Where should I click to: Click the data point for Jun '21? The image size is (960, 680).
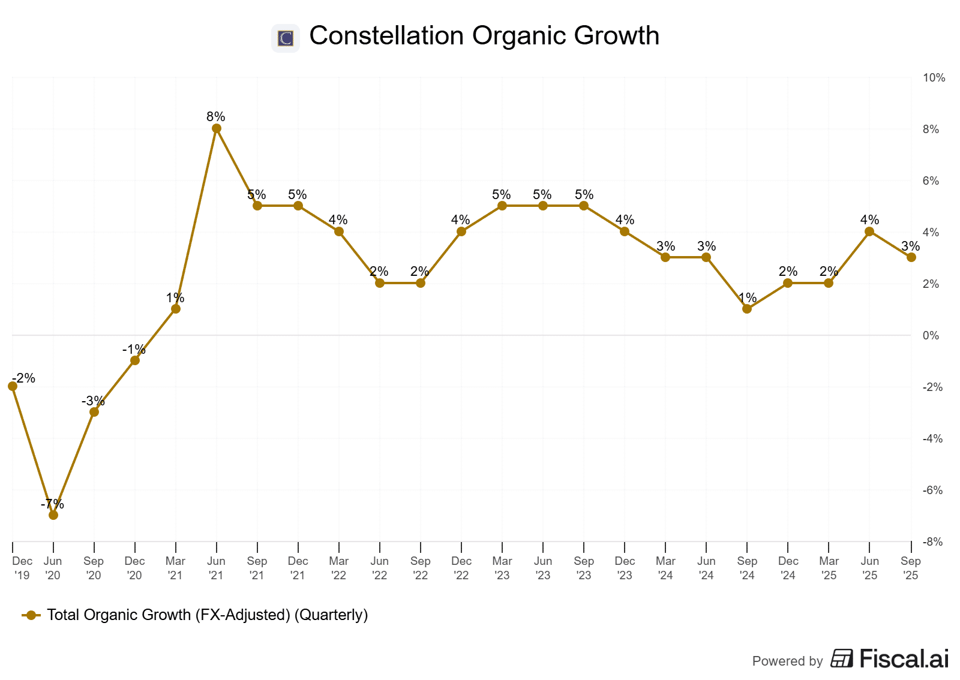[x=217, y=128]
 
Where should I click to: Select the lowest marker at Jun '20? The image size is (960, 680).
[x=53, y=514]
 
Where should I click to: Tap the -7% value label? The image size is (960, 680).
[x=52, y=504]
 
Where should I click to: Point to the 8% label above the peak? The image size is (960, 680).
[x=216, y=116]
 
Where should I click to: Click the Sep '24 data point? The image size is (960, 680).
[x=747, y=309]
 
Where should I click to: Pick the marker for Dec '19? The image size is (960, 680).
[x=13, y=386]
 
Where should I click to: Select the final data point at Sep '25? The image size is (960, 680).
[x=911, y=257]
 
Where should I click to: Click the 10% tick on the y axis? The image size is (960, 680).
[x=934, y=78]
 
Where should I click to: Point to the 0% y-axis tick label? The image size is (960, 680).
[x=931, y=336]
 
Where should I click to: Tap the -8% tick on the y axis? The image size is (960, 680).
[x=932, y=542]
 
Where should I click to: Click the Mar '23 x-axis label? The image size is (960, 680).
[x=502, y=568]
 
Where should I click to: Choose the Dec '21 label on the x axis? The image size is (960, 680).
[x=298, y=568]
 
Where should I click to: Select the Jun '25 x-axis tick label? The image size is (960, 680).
[x=870, y=568]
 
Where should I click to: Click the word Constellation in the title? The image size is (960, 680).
[x=386, y=35]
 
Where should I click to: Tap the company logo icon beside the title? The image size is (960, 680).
[x=286, y=38]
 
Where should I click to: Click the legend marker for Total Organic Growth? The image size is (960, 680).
[x=31, y=615]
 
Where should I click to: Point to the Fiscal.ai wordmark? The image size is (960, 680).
[x=904, y=659]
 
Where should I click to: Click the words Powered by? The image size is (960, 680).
[x=787, y=661]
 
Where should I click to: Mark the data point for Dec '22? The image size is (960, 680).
[x=461, y=231]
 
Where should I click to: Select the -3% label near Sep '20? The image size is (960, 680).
[x=93, y=401]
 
